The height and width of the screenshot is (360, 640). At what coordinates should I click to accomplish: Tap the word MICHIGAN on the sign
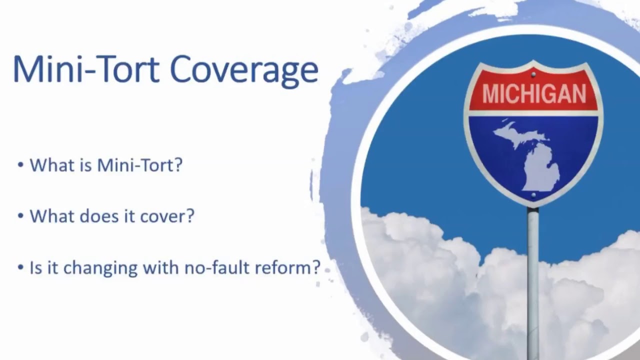tap(533, 94)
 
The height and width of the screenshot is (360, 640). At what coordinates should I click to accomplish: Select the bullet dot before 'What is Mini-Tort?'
tap(20, 164)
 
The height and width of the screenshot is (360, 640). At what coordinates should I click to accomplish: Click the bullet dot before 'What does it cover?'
tap(20, 216)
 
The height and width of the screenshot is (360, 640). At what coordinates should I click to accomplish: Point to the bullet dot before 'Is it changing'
tap(20, 267)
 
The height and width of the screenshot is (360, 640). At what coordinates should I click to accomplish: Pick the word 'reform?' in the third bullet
tap(287, 267)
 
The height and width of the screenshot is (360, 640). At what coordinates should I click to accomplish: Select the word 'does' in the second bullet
tap(95, 216)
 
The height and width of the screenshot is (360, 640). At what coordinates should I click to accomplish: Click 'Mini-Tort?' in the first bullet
tap(140, 164)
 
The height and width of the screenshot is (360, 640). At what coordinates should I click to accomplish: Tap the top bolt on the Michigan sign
tap(533, 75)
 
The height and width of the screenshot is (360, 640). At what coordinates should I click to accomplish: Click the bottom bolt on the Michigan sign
tap(533, 194)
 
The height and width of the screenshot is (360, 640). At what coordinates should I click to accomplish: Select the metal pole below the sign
tap(533, 280)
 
